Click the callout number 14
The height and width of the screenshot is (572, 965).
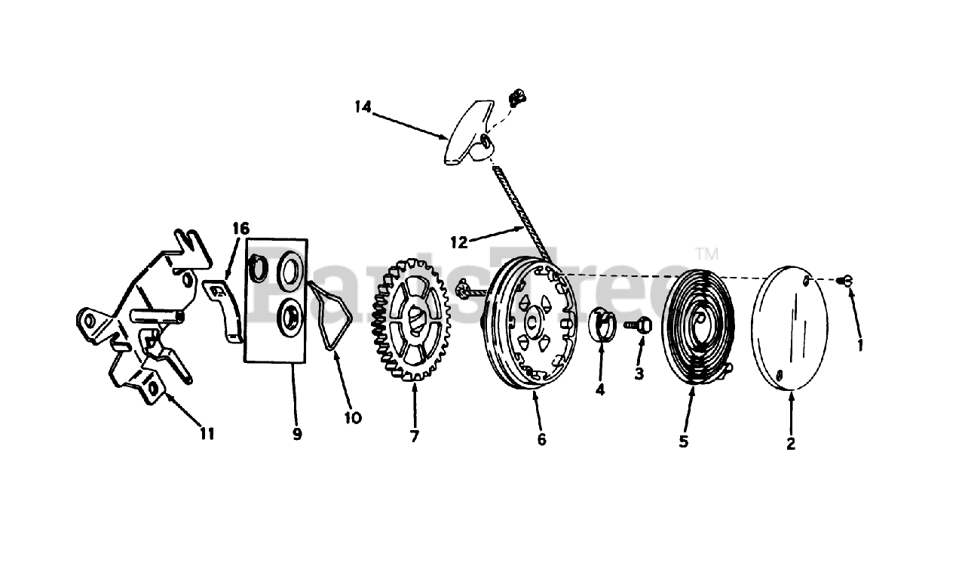coord(363,107)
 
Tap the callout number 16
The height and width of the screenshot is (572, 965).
coord(240,228)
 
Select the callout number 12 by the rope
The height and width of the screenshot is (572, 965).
coord(459,242)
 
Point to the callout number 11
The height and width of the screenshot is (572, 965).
coord(207,433)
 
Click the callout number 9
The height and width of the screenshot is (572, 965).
coord(297,434)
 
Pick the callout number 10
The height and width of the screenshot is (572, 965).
coord(353,417)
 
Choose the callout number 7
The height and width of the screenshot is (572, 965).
coord(415,435)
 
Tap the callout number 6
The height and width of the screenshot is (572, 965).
coord(541,440)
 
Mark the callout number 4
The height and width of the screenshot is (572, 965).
coord(600,390)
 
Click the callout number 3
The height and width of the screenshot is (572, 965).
coord(639,373)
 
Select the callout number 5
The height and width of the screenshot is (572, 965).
coord(683,441)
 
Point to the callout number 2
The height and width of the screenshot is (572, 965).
coord(791,444)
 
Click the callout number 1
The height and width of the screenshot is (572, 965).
coord(860,345)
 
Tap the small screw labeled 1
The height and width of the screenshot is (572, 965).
coord(846,281)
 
